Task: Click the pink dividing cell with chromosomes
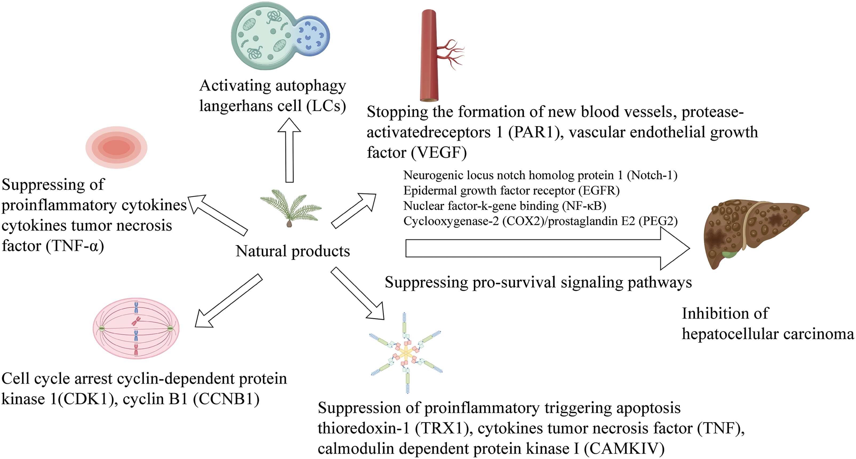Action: tap(136, 328)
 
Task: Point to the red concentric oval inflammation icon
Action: tap(116, 147)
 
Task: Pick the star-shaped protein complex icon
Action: tap(406, 352)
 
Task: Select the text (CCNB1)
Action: tap(226, 399)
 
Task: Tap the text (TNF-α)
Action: tap(75, 246)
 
